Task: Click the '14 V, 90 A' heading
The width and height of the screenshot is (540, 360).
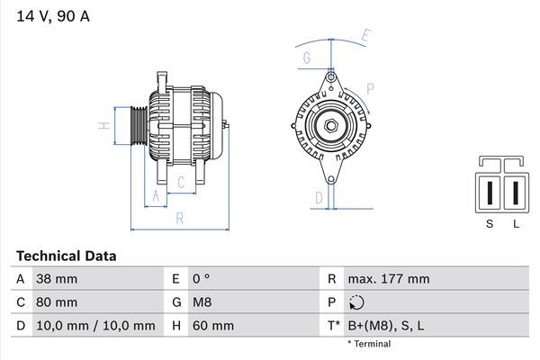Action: point(52,16)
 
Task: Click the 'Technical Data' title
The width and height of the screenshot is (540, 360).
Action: point(66,256)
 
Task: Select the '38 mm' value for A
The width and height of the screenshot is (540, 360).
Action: point(56,279)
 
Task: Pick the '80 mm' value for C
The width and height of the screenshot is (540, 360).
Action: point(56,302)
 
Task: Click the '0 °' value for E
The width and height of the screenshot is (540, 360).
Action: point(200,279)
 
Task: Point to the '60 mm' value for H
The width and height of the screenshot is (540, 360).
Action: point(212,326)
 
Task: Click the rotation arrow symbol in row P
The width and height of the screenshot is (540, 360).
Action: point(357,302)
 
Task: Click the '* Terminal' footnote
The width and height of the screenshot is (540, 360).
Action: point(369,344)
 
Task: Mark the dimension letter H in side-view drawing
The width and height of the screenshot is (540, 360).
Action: point(104,125)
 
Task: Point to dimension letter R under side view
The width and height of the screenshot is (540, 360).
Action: point(179,218)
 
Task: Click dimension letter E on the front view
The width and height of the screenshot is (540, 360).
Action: point(365,36)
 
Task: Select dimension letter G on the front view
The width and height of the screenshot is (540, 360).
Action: point(307,59)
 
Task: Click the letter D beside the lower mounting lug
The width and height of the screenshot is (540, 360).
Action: point(318,198)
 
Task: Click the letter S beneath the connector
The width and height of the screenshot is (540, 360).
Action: point(490,224)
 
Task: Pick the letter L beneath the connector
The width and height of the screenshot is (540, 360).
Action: point(516,224)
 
